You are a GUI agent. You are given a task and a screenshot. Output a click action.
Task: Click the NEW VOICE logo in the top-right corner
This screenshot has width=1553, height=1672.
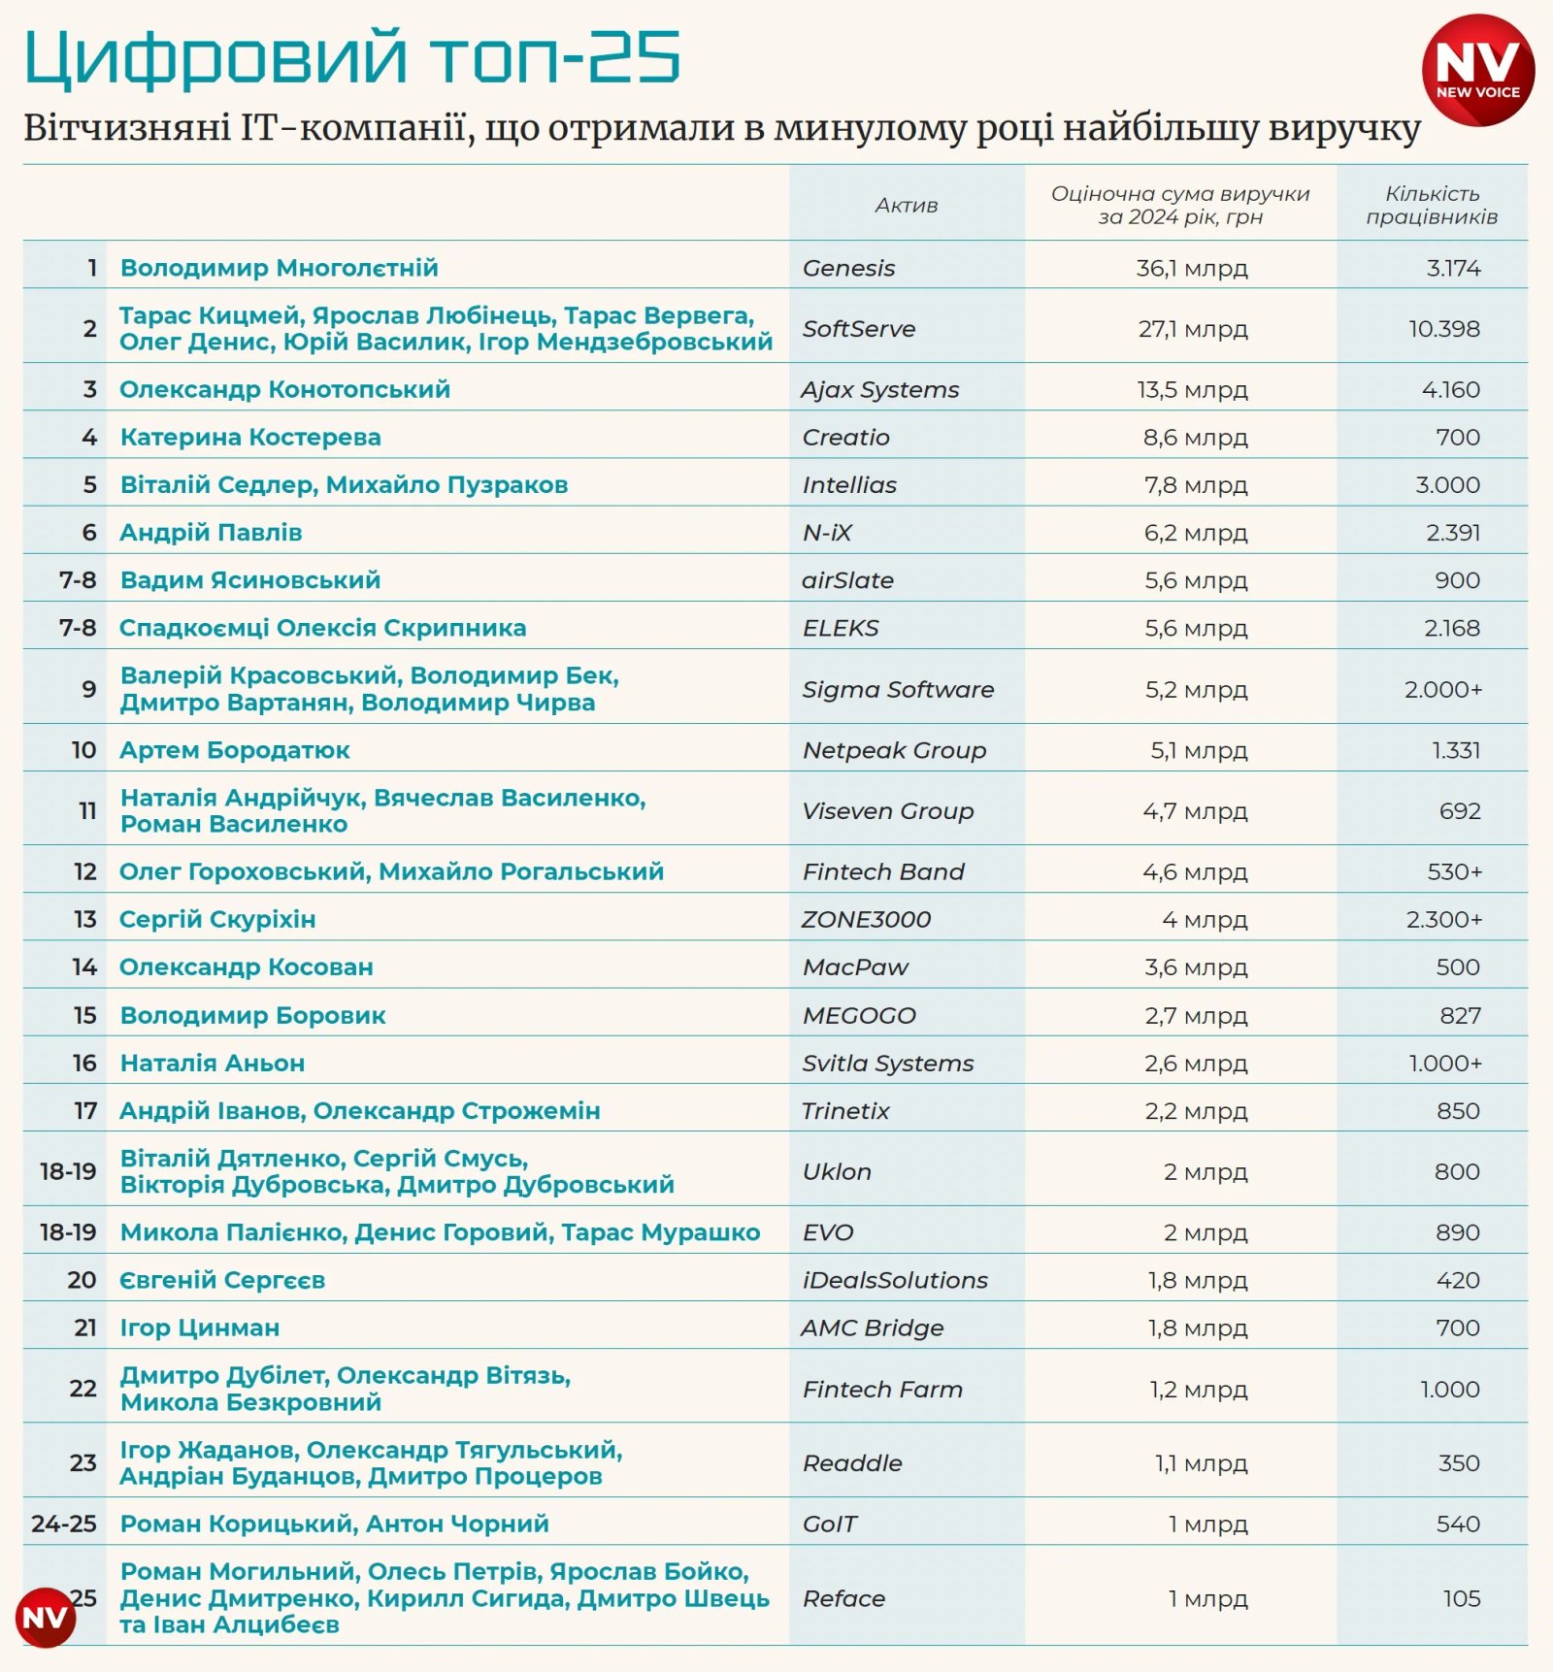click(1477, 70)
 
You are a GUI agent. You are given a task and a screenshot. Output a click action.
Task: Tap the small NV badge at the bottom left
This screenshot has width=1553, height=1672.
click(46, 1617)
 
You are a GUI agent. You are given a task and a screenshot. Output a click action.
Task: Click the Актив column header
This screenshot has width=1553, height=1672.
click(907, 205)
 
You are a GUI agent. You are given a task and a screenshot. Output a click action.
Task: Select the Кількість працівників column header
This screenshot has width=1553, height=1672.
click(1432, 205)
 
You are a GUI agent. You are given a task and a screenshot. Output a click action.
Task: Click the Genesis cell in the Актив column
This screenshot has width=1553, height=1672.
click(848, 268)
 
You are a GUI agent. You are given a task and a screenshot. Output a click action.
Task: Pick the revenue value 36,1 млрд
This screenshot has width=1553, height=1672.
click(1192, 268)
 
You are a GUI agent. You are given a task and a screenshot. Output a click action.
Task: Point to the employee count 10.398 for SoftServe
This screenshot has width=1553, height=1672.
click(1444, 329)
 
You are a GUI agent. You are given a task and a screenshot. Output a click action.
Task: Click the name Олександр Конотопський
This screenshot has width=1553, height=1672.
click(284, 389)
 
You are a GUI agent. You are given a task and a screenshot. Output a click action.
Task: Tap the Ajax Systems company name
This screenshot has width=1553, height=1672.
click(879, 389)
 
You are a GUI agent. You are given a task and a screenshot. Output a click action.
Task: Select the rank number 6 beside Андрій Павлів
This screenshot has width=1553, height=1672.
click(89, 532)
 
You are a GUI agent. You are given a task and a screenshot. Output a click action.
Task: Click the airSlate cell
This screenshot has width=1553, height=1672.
click(847, 580)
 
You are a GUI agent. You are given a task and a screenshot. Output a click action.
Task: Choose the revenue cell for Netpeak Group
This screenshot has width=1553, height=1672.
click(1199, 750)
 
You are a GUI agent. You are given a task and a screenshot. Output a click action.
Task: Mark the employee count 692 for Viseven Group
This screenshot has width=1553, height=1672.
click(1460, 811)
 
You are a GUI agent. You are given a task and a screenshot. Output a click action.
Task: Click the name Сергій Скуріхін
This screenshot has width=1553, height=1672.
click(217, 919)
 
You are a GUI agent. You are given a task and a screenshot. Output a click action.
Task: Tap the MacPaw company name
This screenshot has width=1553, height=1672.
click(855, 967)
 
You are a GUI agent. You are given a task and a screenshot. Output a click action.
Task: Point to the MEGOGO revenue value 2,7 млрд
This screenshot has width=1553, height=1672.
click(1196, 1015)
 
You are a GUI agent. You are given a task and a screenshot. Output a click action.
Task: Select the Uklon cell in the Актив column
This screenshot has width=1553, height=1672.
click(837, 1171)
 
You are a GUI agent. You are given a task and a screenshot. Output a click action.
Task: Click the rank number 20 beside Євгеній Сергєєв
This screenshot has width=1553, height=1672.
click(82, 1280)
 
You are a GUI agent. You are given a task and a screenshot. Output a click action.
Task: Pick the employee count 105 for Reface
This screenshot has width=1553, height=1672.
click(1461, 1598)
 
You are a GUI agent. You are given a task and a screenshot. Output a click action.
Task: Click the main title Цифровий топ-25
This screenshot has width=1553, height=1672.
click(351, 58)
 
